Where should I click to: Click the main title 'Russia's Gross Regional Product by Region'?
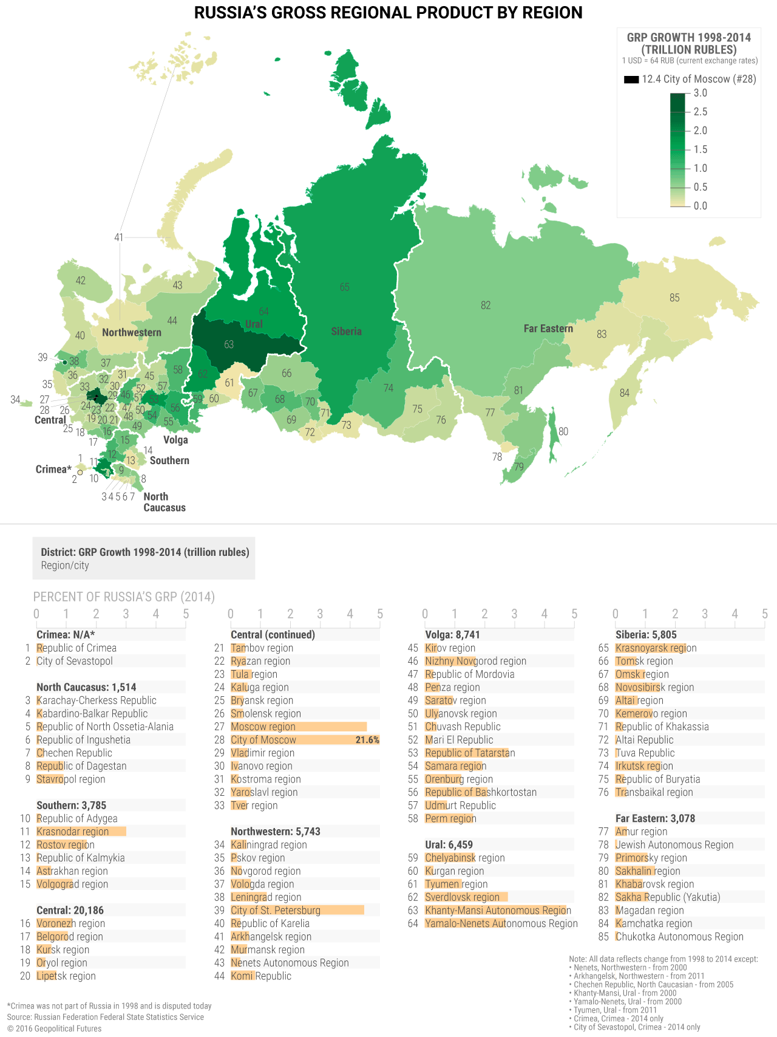pos(388,13)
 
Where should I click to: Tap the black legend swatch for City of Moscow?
pos(631,80)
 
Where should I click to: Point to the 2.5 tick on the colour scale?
pos(700,112)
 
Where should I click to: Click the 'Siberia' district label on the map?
pos(346,331)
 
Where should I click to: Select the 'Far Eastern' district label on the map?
pos(548,329)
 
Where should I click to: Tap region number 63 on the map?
pos(229,344)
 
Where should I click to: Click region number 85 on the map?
pos(674,298)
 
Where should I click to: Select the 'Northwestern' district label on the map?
pos(132,332)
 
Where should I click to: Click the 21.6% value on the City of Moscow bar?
pos(367,740)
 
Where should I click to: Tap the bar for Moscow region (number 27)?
pos(298,727)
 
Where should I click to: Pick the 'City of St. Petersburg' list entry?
pos(276,910)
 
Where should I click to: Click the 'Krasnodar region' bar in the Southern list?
pos(81,832)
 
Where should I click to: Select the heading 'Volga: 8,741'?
pos(453,635)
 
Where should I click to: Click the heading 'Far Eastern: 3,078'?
pos(655,818)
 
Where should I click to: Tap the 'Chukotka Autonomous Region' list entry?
pos(679,937)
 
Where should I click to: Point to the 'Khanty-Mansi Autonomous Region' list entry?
pos(498,910)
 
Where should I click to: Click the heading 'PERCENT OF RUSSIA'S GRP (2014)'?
pos(124,597)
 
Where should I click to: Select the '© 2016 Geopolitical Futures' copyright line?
pos(55,1028)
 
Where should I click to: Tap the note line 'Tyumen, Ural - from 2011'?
pos(615,1010)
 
